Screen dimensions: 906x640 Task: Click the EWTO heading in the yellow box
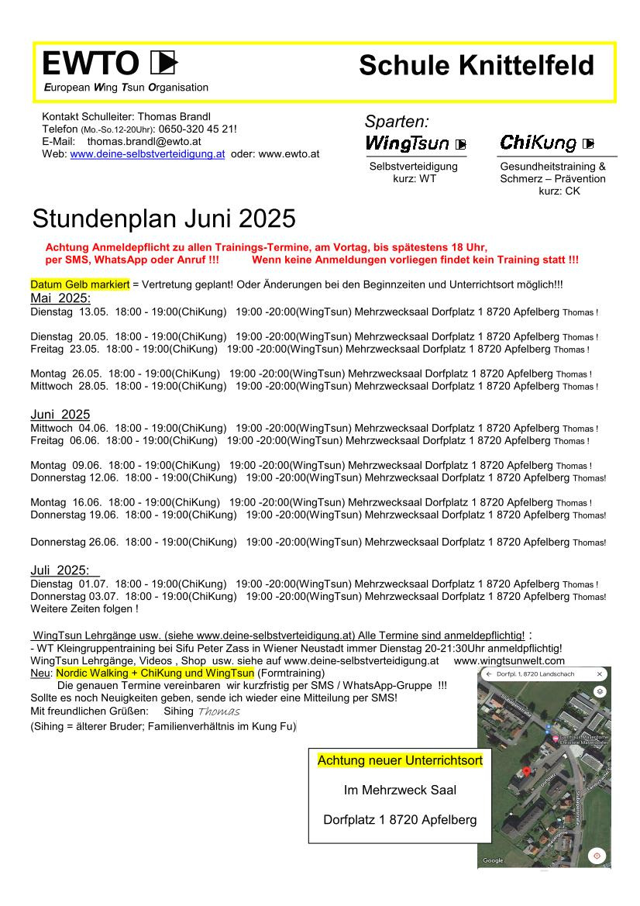pyautogui.click(x=90, y=64)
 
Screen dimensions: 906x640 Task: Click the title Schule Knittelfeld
pyautogui.click(x=476, y=66)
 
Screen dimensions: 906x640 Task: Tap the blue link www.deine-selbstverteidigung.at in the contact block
pyautogui.click(x=147, y=154)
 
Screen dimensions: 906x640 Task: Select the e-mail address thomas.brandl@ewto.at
pyautogui.click(x=144, y=142)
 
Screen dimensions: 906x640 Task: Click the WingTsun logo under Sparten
pyautogui.click(x=408, y=143)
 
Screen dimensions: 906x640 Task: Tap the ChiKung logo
pyautogui.click(x=538, y=143)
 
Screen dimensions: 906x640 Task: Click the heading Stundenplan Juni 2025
pyautogui.click(x=163, y=219)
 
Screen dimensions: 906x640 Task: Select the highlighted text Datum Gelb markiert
pyautogui.click(x=80, y=285)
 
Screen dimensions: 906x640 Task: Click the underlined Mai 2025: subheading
pyautogui.click(x=60, y=298)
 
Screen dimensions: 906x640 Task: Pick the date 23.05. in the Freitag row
pyautogui.click(x=84, y=349)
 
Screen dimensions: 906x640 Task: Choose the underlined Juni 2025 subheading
pyautogui.click(x=60, y=415)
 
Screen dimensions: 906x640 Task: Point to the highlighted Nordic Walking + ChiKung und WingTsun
pyautogui.click(x=155, y=673)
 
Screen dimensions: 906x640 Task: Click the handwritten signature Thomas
pyautogui.click(x=218, y=711)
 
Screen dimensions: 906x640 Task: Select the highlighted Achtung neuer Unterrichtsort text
pyautogui.click(x=400, y=761)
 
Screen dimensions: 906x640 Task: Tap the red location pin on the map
pyautogui.click(x=527, y=771)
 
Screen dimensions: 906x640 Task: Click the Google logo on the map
pyautogui.click(x=494, y=860)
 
